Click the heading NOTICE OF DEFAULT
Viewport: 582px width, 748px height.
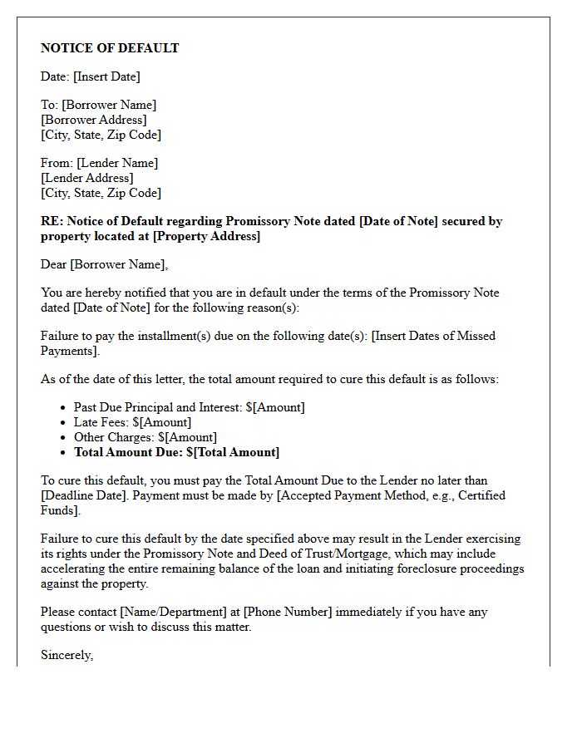pos(110,48)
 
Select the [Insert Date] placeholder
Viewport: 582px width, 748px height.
pos(106,76)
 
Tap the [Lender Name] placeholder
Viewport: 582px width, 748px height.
pos(117,163)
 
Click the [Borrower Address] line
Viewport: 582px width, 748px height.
pos(94,120)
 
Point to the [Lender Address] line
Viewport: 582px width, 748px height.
pos(87,178)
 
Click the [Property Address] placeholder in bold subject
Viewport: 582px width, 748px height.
pos(206,236)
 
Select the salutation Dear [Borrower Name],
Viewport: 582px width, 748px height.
pos(104,264)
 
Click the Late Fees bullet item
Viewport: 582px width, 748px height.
pos(132,422)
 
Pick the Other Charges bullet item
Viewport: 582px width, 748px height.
pos(145,437)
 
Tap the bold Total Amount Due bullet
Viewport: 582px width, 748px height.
pos(176,452)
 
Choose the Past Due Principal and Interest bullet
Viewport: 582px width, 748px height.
pos(189,407)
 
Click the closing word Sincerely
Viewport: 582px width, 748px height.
pos(67,655)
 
